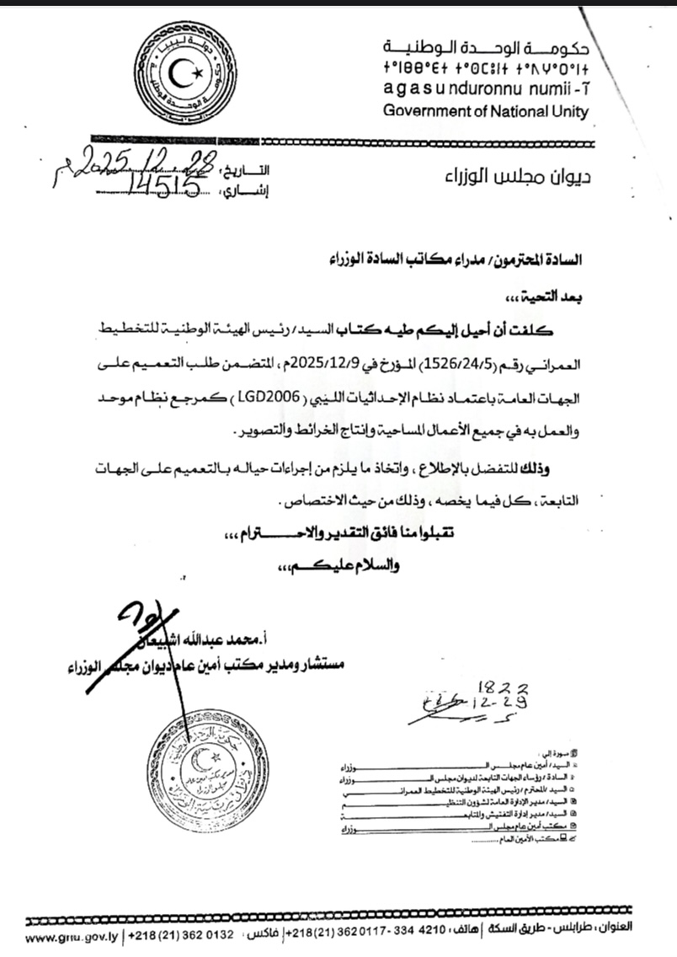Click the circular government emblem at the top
[188, 75]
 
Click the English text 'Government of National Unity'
[486, 111]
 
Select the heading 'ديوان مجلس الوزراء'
[515, 178]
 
